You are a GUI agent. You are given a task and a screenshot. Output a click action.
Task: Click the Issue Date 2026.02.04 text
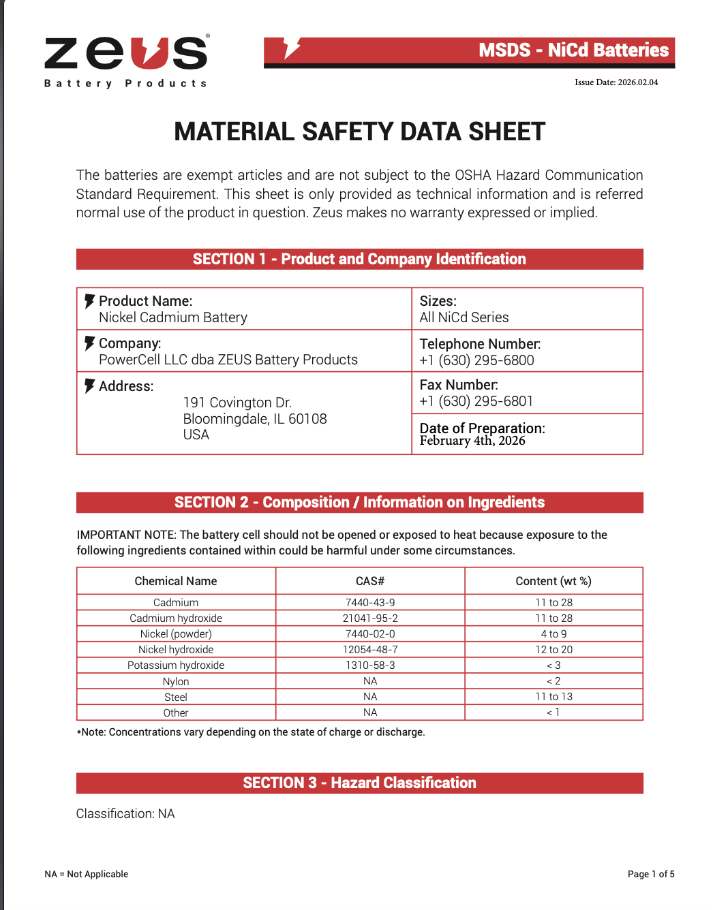point(616,82)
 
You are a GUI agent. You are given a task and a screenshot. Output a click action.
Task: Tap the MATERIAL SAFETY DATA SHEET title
point(359,131)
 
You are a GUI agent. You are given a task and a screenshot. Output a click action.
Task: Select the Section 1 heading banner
point(359,259)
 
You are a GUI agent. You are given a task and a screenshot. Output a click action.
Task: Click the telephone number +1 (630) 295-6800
point(476,360)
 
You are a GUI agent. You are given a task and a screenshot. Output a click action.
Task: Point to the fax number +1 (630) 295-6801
point(476,401)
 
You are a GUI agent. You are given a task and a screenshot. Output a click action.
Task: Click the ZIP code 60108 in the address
point(307,419)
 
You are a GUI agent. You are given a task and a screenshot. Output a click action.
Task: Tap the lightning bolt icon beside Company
point(89,343)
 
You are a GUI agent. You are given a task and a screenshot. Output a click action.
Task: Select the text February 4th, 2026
point(472,441)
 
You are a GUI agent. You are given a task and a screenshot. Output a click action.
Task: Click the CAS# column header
point(370,581)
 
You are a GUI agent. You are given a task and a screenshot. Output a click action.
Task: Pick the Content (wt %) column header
point(553,581)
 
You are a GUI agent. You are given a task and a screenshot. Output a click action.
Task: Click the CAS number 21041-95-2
point(370,618)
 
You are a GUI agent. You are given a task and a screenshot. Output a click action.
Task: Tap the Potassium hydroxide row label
point(176,665)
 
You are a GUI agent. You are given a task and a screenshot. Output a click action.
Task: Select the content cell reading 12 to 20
point(553,650)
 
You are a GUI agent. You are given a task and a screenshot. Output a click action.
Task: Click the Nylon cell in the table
point(176,681)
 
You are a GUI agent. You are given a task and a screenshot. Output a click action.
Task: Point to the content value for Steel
point(553,697)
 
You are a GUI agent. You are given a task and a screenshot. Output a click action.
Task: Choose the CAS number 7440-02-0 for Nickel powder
point(370,634)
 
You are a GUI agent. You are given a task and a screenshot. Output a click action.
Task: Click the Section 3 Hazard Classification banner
point(359,783)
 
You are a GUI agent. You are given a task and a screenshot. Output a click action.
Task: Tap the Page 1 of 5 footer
point(650,874)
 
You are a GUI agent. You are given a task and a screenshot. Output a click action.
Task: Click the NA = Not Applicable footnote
point(87,874)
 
